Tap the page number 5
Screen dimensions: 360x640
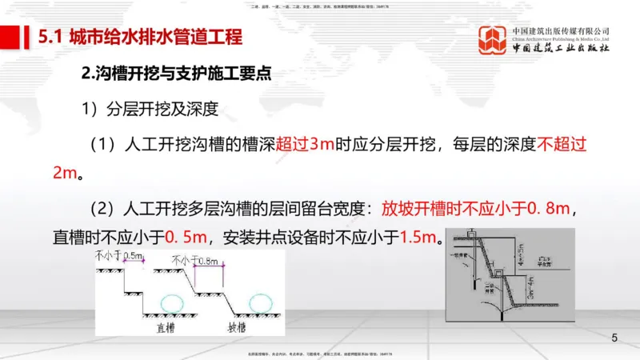pyautogui.click(x=614, y=338)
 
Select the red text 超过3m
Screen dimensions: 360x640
pyautogui.click(x=305, y=145)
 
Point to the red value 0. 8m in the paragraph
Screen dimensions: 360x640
pyautogui.click(x=547, y=209)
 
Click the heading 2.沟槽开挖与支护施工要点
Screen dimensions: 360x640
pyautogui.click(x=177, y=74)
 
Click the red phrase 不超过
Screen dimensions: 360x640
pyautogui.click(x=562, y=145)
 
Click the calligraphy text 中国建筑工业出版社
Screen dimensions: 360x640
pyautogui.click(x=561, y=50)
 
